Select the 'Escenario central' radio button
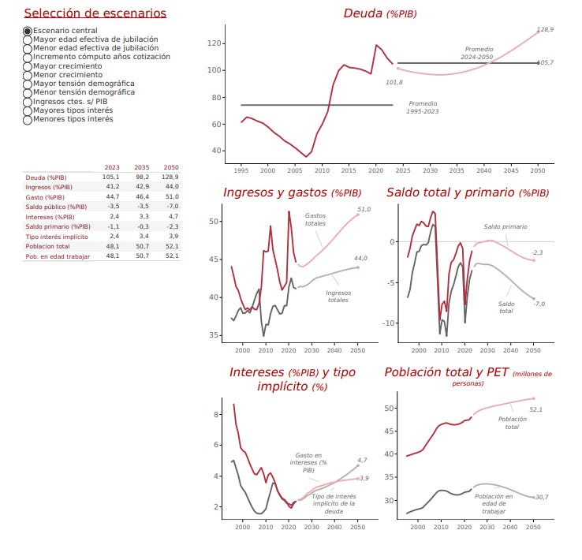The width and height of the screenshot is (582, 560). click(x=28, y=31)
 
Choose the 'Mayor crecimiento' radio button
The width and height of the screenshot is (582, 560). click(x=28, y=66)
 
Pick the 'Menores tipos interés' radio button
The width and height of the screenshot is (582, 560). click(x=28, y=120)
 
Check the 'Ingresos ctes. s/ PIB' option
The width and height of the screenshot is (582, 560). click(x=28, y=102)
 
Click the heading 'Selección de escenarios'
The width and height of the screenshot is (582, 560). click(x=95, y=13)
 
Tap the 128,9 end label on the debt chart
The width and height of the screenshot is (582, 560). click(x=544, y=29)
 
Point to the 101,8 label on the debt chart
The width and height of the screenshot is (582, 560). click(x=394, y=82)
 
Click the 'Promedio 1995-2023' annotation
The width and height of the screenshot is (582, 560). click(x=423, y=107)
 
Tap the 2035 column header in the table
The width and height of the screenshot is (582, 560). click(x=141, y=167)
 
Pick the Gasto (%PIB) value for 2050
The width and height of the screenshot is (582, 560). click(x=170, y=196)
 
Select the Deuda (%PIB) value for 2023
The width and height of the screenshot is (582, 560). click(x=112, y=177)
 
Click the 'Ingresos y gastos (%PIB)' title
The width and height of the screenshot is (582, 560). click(x=293, y=192)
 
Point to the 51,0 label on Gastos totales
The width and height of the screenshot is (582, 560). click(x=364, y=210)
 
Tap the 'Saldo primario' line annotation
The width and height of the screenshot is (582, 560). click(x=505, y=226)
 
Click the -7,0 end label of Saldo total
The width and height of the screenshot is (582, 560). click(x=539, y=304)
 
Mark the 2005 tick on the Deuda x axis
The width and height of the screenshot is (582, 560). click(x=294, y=170)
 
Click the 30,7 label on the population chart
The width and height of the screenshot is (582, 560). click(x=541, y=497)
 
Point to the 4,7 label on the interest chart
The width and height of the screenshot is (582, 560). click(x=362, y=460)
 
